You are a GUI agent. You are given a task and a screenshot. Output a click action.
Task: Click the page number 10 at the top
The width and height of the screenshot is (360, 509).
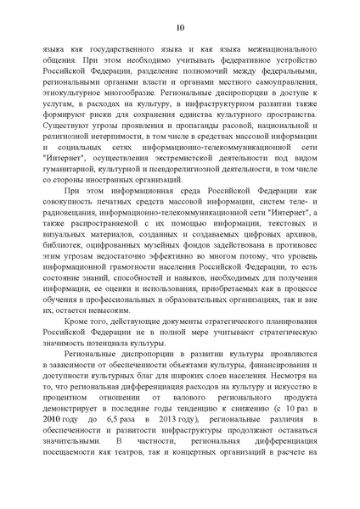click(180, 28)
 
